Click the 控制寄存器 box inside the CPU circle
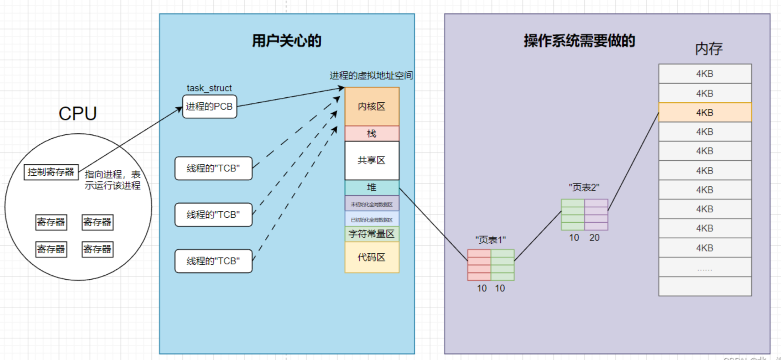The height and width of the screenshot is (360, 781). [51, 172]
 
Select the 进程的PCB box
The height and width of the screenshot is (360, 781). [209, 107]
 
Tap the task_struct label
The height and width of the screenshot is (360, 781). [209, 88]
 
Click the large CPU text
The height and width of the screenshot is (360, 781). [78, 114]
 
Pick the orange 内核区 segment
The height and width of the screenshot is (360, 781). [372, 106]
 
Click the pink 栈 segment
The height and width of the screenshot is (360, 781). [372, 134]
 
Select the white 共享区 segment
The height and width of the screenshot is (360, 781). [372, 160]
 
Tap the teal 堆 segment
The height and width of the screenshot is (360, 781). [372, 187]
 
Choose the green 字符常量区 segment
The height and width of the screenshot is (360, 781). [372, 234]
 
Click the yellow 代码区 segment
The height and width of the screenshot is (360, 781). [372, 257]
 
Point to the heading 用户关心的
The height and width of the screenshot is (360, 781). [287, 41]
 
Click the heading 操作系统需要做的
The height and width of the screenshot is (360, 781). [579, 41]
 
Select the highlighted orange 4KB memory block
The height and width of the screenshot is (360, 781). [705, 112]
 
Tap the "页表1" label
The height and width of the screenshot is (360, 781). [490, 240]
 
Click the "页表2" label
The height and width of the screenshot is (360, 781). [584, 188]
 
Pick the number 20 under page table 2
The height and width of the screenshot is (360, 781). [594, 238]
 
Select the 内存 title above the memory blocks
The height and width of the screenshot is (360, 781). [709, 49]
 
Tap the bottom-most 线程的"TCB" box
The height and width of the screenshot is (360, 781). [213, 261]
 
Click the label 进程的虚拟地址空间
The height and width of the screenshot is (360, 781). [371, 75]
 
